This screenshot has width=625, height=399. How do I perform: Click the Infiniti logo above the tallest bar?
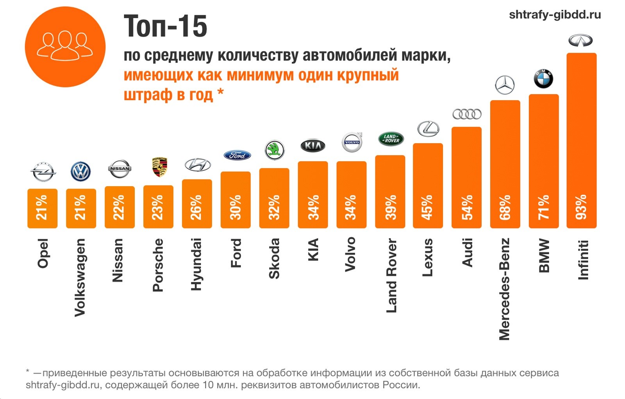[x=580, y=40]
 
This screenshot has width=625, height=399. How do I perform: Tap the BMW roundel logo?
[x=543, y=79]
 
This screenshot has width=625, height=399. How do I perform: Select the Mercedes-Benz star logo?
[x=505, y=85]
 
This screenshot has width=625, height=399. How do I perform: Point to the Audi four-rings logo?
[x=467, y=114]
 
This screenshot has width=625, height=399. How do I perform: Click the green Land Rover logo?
[x=391, y=139]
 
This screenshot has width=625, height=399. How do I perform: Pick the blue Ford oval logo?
[x=237, y=155]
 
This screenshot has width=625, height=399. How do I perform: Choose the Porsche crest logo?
[x=159, y=167]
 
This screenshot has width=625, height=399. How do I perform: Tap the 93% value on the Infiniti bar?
[x=581, y=207]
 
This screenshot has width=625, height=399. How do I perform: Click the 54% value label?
[x=467, y=207]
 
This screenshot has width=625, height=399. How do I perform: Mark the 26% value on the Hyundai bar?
[x=196, y=207]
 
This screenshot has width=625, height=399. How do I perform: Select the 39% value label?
[x=390, y=207]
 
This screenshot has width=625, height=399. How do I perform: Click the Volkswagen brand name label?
[x=80, y=277]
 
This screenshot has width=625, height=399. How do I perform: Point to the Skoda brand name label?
[x=274, y=259]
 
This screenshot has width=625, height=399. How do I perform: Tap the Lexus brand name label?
[x=428, y=257]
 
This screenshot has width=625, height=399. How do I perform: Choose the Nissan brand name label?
[x=118, y=260]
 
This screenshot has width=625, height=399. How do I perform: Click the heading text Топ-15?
[x=165, y=27]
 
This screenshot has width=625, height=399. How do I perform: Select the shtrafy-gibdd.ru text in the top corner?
[x=555, y=15]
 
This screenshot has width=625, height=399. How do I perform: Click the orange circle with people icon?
[x=65, y=47]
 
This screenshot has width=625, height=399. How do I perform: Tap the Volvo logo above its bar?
[x=352, y=142]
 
